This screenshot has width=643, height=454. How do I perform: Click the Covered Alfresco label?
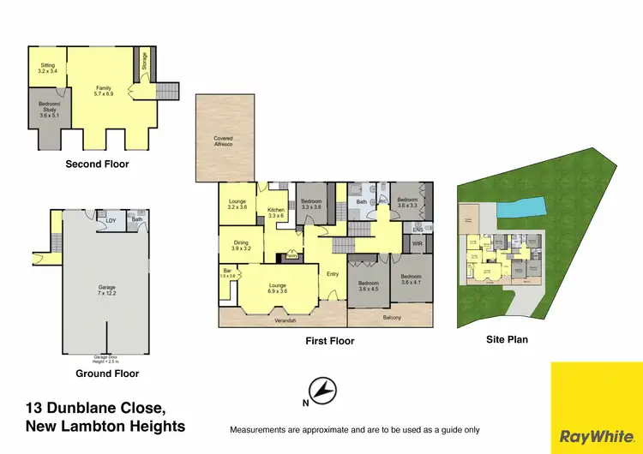coord(223,141)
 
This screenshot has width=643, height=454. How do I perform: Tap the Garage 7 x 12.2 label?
coord(107,290)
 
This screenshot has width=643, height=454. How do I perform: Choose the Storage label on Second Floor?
coord(144,62)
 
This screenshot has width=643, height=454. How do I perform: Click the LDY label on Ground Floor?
coord(110,221)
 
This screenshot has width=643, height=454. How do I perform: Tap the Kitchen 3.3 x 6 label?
coord(276,212)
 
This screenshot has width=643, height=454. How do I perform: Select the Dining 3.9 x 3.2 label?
coord(241,246)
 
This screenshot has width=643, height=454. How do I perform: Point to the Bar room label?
coord(226,273)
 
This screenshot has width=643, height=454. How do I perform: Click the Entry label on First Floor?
coord(333,274)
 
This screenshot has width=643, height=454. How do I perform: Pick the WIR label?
coord(418,244)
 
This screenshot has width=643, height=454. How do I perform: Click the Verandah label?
coord(285,320)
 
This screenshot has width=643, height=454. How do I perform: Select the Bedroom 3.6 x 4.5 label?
coord(369,286)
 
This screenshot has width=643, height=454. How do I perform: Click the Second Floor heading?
coord(97,164)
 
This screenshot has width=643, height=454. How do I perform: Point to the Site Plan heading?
coord(506,339)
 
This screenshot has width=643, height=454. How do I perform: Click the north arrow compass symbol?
coord(322,391)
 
